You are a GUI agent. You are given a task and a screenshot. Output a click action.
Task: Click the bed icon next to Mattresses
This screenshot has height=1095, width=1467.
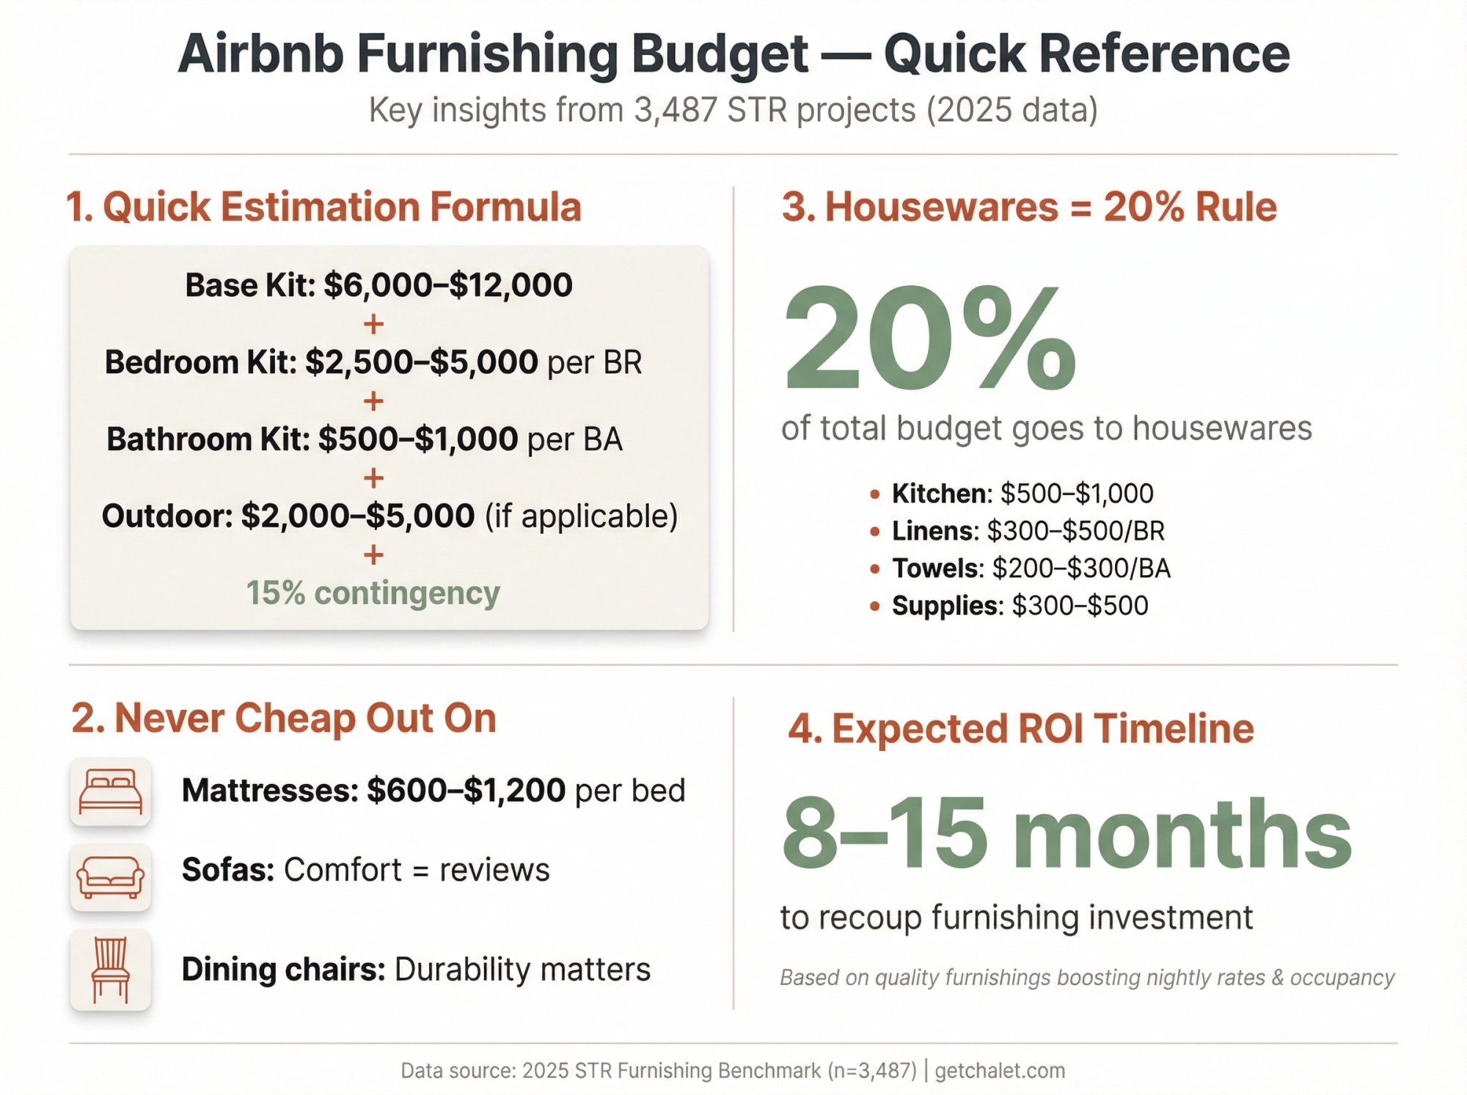[110, 791]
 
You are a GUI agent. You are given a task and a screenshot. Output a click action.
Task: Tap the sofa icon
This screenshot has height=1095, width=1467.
[110, 877]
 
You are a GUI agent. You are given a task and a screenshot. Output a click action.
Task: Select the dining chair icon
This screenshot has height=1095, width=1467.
[110, 970]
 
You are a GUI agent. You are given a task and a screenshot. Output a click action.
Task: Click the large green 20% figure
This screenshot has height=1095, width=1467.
[929, 339]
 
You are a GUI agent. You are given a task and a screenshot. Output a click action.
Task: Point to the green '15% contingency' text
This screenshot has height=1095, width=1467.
[373, 593]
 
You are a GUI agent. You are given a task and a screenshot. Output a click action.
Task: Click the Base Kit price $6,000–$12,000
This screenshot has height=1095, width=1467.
[447, 285]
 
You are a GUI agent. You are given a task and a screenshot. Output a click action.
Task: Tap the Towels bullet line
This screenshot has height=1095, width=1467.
[1031, 568]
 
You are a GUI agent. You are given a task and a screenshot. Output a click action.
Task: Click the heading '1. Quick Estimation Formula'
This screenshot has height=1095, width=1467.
[323, 207]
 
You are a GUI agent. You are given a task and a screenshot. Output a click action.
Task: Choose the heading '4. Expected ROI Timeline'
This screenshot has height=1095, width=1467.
[1020, 729]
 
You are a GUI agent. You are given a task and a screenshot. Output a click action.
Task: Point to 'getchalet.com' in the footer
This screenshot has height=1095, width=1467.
[999, 1071]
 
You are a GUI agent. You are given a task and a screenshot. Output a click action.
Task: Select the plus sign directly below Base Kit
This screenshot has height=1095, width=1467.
[373, 324]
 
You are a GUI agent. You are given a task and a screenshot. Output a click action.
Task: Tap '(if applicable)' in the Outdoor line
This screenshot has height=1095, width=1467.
[581, 516]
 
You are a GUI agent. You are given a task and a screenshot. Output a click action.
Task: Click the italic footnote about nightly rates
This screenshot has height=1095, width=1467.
[1086, 978]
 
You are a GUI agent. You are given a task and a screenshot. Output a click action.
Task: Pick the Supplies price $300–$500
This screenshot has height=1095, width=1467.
[1080, 606]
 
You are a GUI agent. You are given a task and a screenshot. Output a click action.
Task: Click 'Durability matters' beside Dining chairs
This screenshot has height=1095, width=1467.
[522, 970]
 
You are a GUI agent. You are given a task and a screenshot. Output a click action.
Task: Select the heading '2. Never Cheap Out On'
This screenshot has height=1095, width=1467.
[284, 718]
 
